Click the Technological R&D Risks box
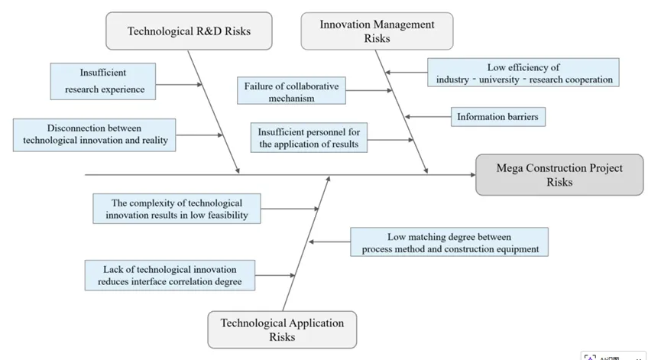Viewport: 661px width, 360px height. pyautogui.click(x=189, y=31)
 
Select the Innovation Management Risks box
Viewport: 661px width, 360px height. pyautogui.click(x=377, y=31)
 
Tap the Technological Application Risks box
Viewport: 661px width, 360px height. pyautogui.click(x=282, y=329)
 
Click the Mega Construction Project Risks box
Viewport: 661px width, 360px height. pyautogui.click(x=559, y=175)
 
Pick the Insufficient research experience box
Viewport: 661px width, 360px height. pyautogui.click(x=104, y=81)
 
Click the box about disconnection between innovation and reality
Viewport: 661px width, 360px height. pyautogui.click(x=95, y=134)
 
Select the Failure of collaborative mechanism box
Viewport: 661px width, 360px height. pyautogui.click(x=291, y=91)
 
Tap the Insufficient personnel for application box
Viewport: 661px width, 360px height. pyautogui.click(x=308, y=137)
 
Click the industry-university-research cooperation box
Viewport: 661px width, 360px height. pyautogui.click(x=523, y=73)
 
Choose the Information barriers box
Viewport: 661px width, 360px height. pyautogui.click(x=497, y=117)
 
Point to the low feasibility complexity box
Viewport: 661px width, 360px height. pyautogui.click(x=176, y=209)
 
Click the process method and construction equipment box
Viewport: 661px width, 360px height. pyautogui.click(x=450, y=242)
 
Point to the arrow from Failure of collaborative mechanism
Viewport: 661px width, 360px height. pyautogui.click(x=370, y=91)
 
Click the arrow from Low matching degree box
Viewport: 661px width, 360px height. pyautogui.click(x=330, y=242)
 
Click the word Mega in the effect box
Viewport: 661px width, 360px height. pyautogui.click(x=510, y=168)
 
